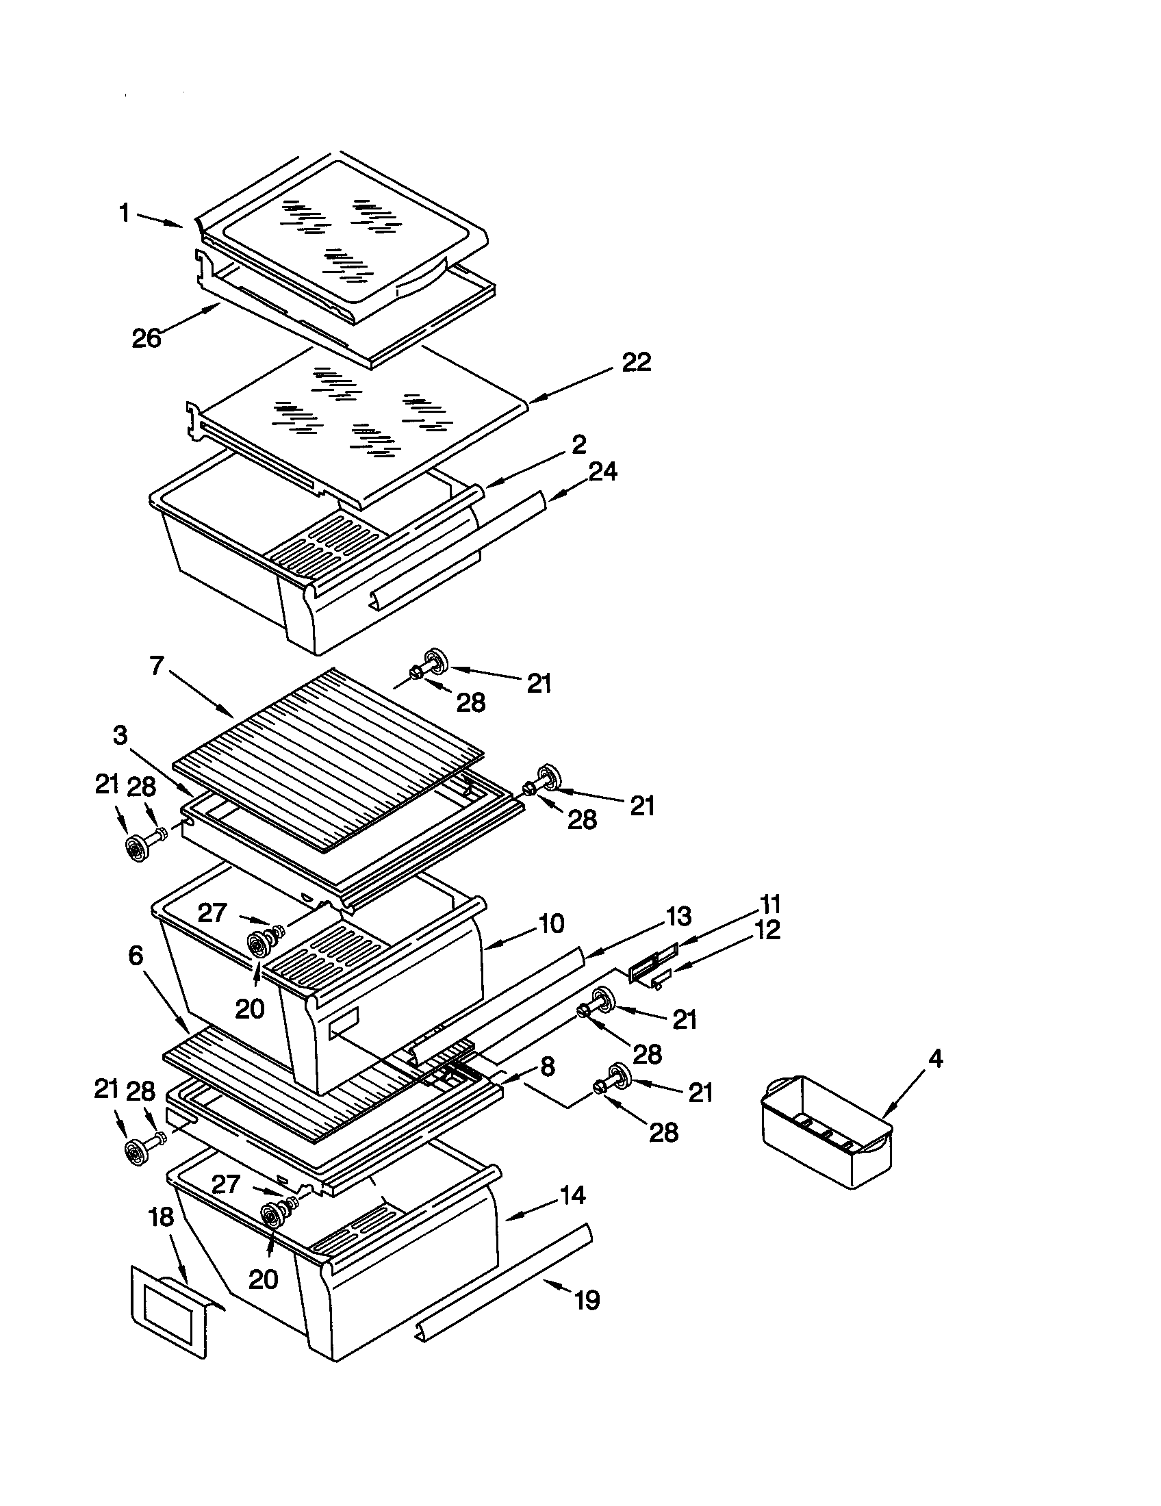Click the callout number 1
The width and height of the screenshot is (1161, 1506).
click(124, 213)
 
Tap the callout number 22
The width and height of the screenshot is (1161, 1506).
click(636, 362)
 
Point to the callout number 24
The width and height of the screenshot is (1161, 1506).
click(602, 472)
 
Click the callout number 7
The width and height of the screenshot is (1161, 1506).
click(157, 666)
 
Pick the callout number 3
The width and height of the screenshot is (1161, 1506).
click(120, 736)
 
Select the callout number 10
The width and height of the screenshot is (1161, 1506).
click(551, 923)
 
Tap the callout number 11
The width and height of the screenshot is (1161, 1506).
click(769, 904)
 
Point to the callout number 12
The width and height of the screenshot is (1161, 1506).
click(767, 930)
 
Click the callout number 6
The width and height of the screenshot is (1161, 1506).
click(136, 955)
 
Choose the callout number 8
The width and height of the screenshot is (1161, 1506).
click(547, 1067)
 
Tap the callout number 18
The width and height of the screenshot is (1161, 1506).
click(161, 1217)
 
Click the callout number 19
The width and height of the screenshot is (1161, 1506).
click(587, 1301)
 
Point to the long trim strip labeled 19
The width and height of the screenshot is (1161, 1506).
click(503, 1283)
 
